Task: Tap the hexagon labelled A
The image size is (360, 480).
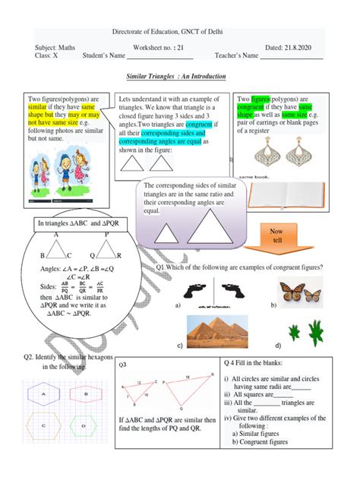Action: (44, 394)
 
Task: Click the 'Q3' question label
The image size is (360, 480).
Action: (123, 366)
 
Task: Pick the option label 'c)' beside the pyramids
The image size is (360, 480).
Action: (181, 345)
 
